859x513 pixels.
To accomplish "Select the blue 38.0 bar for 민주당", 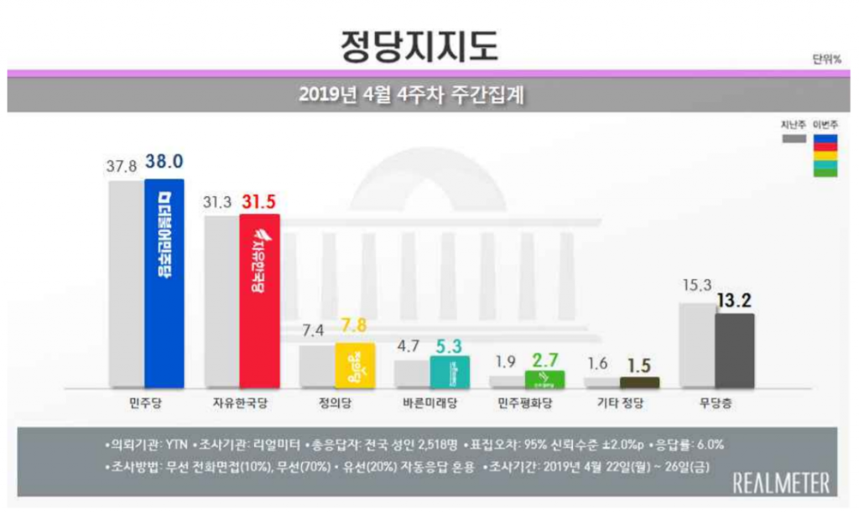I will click(164, 282).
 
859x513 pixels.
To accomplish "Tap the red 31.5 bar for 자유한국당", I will click(259, 300).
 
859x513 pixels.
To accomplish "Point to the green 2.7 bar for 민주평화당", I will click(544, 379).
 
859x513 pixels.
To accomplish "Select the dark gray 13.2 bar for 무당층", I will click(734, 350).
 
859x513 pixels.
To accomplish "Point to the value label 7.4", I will click(315, 329).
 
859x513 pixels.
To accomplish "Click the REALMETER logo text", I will click(780, 482).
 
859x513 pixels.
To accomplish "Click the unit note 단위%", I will click(825, 59).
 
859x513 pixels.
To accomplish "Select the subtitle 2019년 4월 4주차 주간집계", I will click(411, 95).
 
